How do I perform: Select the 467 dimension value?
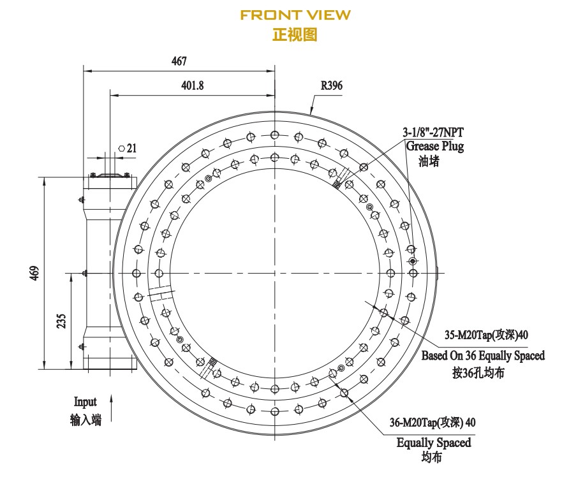click(x=179, y=61)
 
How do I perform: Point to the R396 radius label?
click(x=331, y=85)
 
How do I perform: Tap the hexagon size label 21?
click(x=131, y=148)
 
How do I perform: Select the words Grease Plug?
click(x=435, y=146)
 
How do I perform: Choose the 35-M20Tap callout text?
click(x=487, y=335)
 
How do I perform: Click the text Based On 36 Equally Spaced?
click(x=483, y=356)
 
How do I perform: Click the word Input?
click(x=85, y=402)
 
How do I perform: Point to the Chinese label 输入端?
click(x=85, y=420)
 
